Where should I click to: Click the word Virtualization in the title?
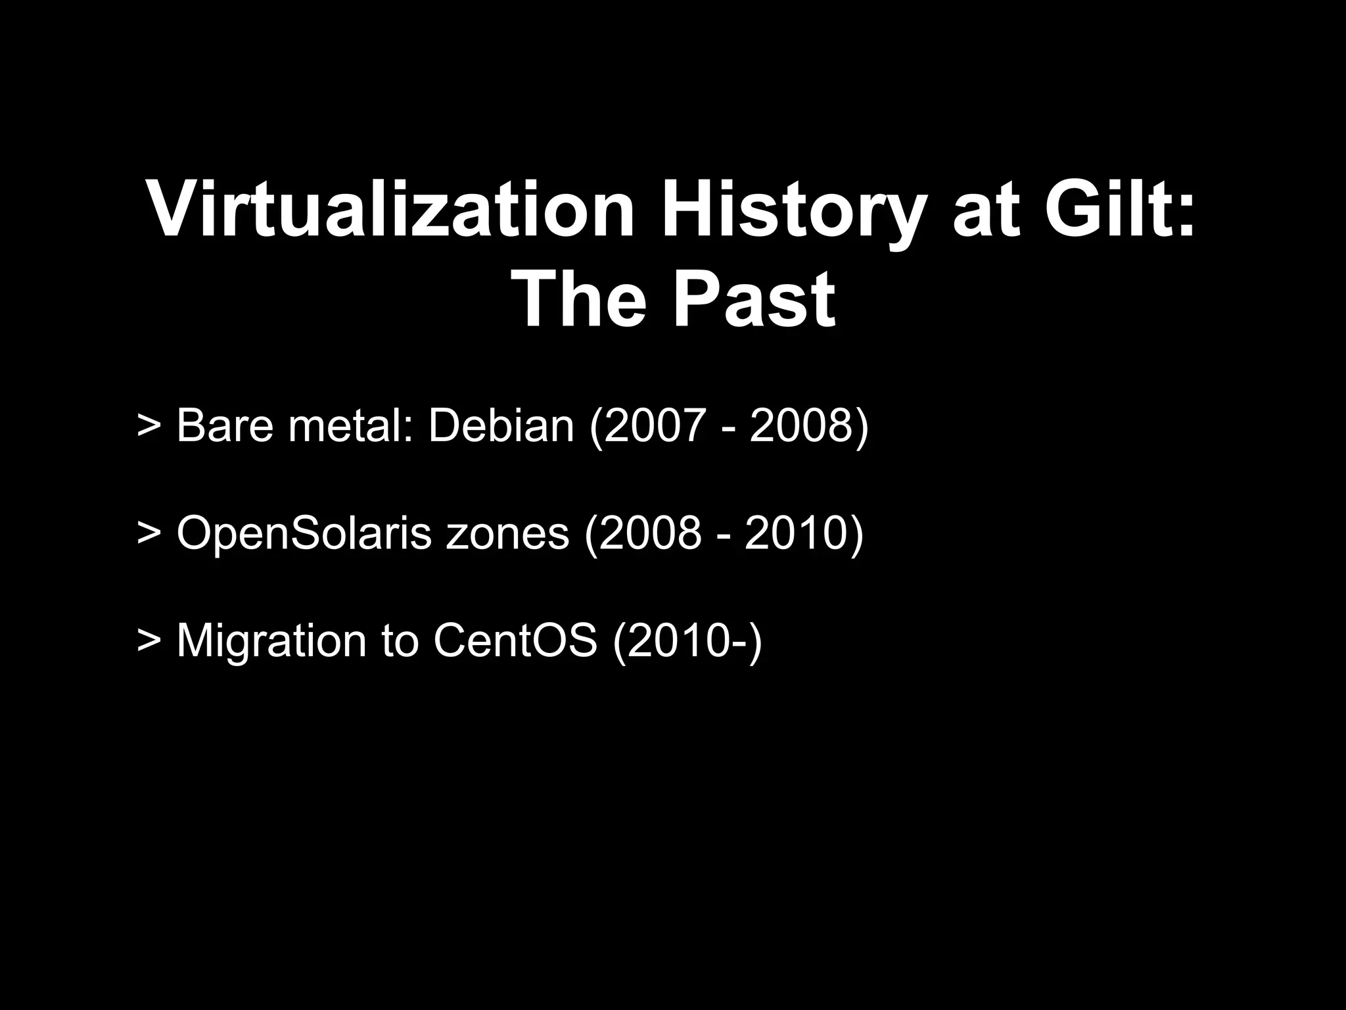390,208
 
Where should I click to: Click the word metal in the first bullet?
352,425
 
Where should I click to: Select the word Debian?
501,425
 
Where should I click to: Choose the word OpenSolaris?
303,533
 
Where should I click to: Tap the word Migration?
271,640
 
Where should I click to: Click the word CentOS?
515,640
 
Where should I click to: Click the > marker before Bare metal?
149,427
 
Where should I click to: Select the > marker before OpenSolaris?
149,534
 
